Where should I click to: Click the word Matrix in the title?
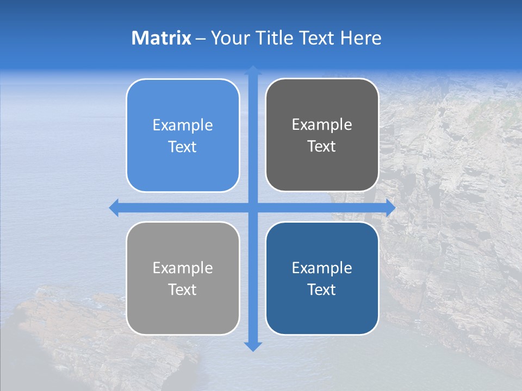(x=161, y=38)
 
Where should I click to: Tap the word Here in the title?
(x=361, y=38)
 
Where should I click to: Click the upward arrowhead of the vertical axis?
(x=253, y=70)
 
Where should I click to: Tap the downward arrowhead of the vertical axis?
(x=253, y=346)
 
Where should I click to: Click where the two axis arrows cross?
(x=253, y=207)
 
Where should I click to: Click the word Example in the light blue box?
(x=183, y=125)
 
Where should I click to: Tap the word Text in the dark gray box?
(x=322, y=147)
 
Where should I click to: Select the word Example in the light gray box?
(x=183, y=268)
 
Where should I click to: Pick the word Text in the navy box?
(x=322, y=289)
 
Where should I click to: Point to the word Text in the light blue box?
(x=183, y=147)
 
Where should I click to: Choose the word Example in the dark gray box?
(x=322, y=125)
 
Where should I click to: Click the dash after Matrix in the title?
(x=201, y=39)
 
